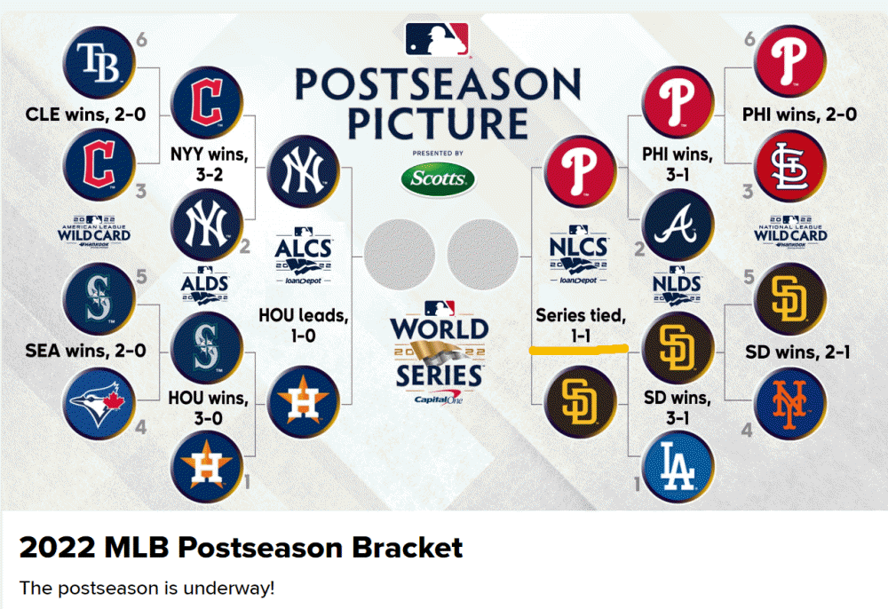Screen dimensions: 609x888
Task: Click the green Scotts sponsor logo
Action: pos(438,179)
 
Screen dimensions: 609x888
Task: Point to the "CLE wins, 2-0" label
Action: pos(74,115)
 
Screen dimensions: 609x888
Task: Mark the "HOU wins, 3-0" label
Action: pos(210,407)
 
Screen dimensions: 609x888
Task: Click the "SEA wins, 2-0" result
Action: pos(74,352)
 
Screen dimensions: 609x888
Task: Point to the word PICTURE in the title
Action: pos(438,123)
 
